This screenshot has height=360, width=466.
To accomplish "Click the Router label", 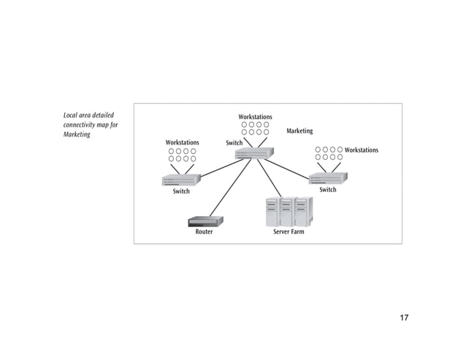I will tap(204, 232).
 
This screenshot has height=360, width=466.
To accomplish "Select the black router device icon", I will tap(205, 221).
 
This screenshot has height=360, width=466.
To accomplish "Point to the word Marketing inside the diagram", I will tap(299, 131).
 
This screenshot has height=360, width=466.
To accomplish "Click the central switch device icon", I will tap(254, 153).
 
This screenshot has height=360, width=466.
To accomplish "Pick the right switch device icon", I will tap(328, 178).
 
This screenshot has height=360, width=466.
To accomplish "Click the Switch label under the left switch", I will tap(181, 192).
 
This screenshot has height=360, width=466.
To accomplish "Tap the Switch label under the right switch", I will tap(328, 190).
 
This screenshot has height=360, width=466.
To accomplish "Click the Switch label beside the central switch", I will tap(234, 143).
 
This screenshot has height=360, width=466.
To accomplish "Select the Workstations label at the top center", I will tap(255, 117).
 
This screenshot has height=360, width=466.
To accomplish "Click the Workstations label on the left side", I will tap(182, 142).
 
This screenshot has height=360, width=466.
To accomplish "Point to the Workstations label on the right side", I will tap(362, 150).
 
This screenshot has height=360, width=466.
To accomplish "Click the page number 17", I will tap(404, 318).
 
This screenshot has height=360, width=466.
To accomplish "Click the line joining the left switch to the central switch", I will tap(218, 168).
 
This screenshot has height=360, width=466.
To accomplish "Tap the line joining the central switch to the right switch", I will tap(291, 168).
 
